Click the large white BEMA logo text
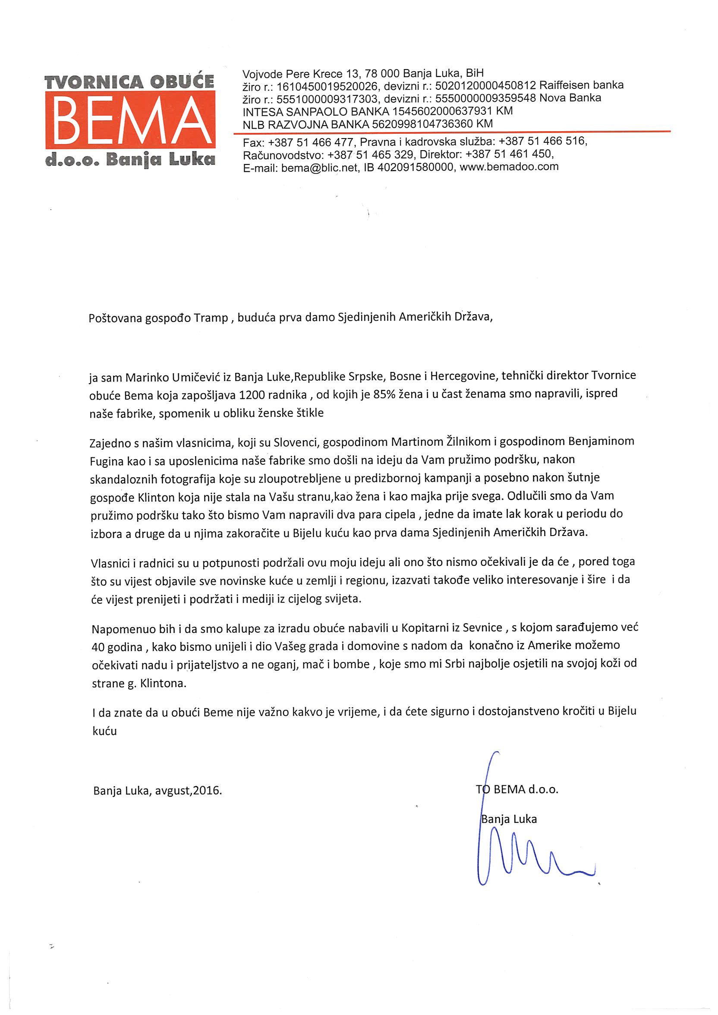pos(130,120)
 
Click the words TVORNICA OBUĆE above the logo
pos(129,82)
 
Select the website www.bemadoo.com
pos(509,167)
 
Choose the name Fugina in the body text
pos(106,461)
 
